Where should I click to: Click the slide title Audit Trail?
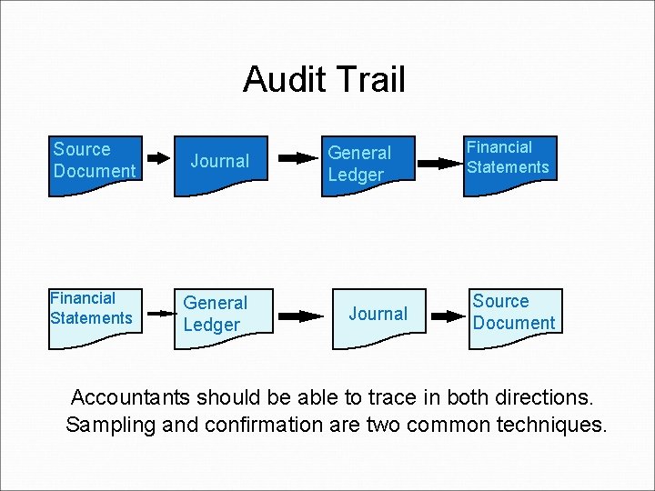[x=324, y=80]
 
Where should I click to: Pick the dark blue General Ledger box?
[x=369, y=164]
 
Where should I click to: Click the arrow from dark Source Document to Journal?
[x=160, y=157]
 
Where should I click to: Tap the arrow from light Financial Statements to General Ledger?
[x=160, y=313]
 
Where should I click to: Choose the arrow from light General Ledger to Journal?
[x=300, y=316]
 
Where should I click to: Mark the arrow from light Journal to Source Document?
[x=448, y=316]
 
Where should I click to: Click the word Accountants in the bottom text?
[x=131, y=398]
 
